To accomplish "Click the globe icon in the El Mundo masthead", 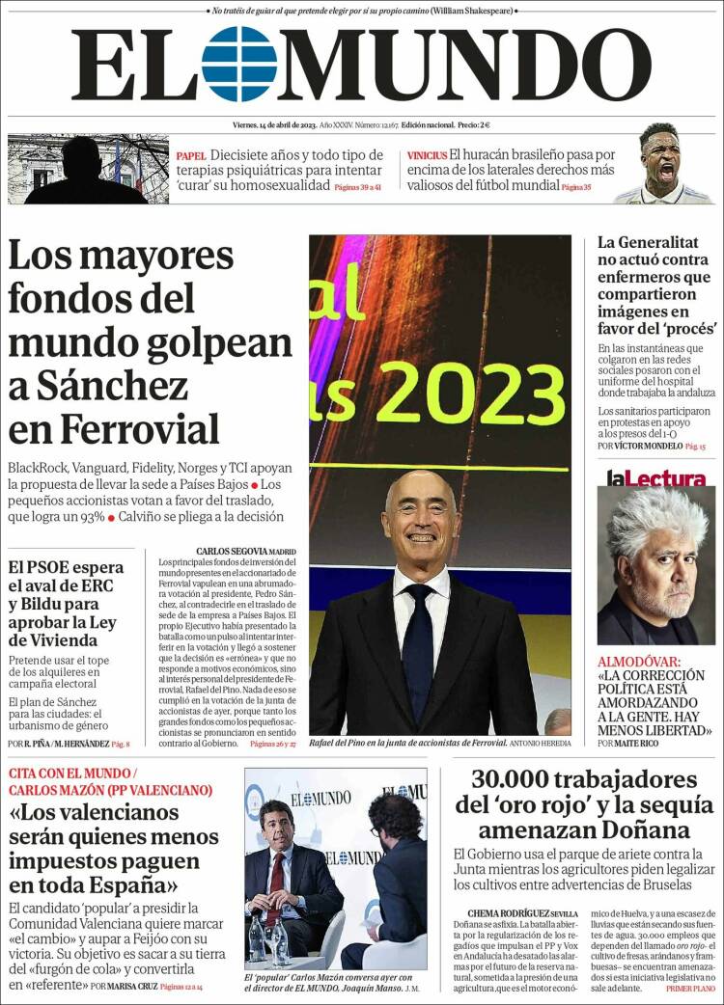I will pyautogui.click(x=239, y=65).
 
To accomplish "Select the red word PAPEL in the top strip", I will pyautogui.click(x=191, y=155).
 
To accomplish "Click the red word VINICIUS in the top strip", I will pyautogui.click(x=426, y=155).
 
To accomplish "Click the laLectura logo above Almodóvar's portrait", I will pyautogui.click(x=655, y=477).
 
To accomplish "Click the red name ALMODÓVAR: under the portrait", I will pyautogui.click(x=638, y=662).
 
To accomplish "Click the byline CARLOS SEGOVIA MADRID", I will pyautogui.click(x=245, y=553).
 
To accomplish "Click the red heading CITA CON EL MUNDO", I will pyautogui.click(x=68, y=774).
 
